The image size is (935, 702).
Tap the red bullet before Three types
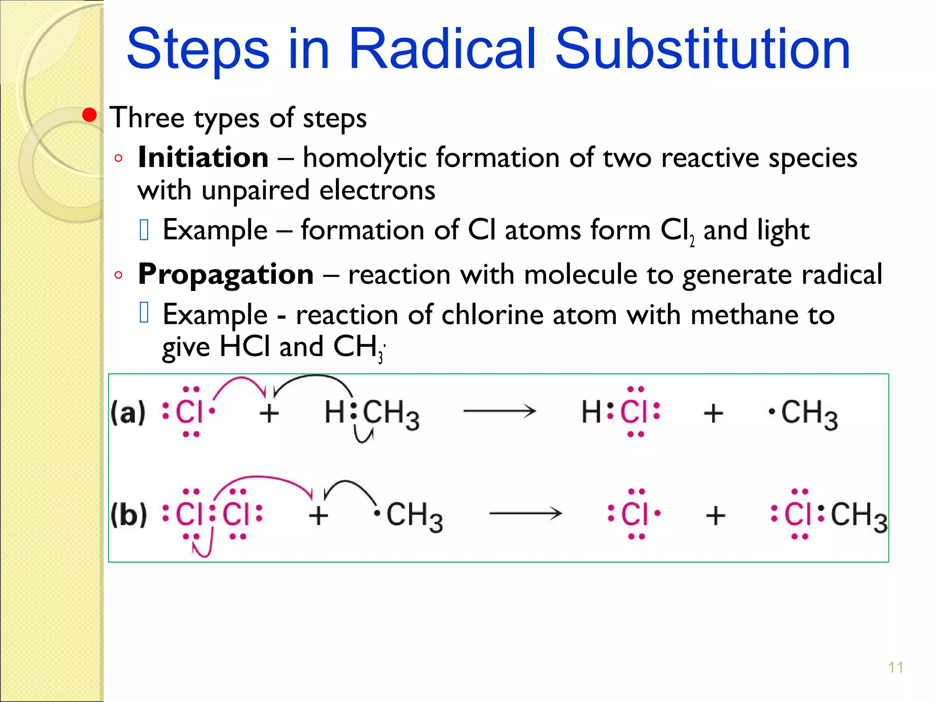coord(89,115)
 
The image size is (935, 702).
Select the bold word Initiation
coord(203,158)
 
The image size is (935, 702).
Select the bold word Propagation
coord(226,274)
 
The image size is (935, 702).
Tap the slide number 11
coord(896,667)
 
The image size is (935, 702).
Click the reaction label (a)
coord(128,412)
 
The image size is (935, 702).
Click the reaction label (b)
coord(129,515)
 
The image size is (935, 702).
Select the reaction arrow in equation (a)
coord(499,411)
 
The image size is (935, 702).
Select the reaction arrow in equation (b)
coord(525,514)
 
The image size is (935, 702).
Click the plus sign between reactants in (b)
coord(318,516)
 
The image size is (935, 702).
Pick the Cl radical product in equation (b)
coord(635,514)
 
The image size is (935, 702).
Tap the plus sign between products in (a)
coord(713,413)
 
